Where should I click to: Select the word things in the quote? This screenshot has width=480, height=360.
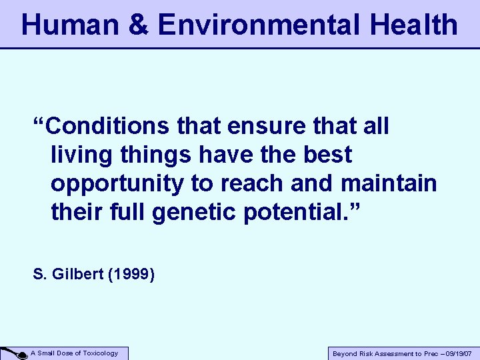point(153,155)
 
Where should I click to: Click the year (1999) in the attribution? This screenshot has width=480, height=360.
point(131,274)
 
